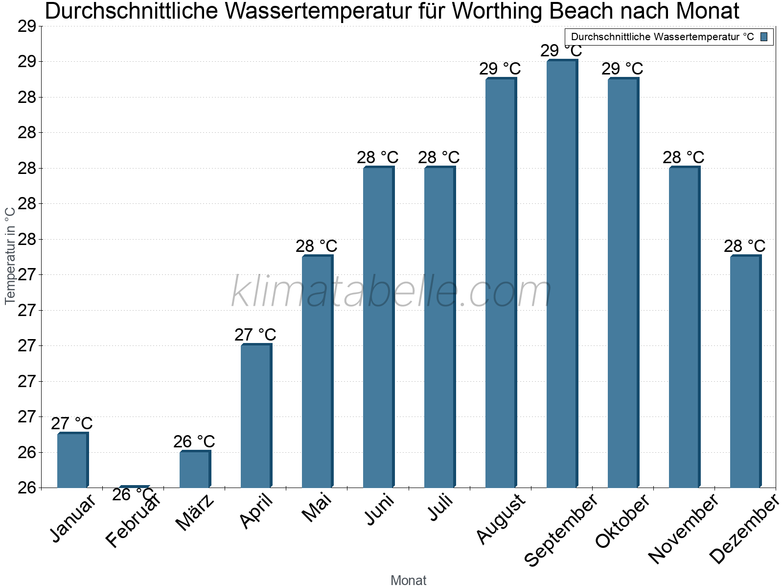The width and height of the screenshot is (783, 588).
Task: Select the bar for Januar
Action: (x=72, y=460)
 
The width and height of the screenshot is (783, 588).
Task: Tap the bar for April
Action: (x=256, y=416)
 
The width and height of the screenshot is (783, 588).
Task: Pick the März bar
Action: (x=195, y=469)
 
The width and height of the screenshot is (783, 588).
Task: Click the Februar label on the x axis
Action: (x=133, y=521)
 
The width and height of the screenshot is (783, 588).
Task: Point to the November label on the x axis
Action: (x=683, y=528)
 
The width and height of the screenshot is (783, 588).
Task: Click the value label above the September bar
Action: (x=561, y=50)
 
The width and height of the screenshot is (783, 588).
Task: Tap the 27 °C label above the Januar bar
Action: (x=71, y=423)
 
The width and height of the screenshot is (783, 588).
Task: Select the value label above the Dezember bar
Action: (x=745, y=246)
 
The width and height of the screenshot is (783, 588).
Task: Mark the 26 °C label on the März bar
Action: (x=194, y=441)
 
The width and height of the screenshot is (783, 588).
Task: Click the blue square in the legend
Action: (x=764, y=36)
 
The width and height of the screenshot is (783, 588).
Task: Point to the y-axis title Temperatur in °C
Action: (x=10, y=255)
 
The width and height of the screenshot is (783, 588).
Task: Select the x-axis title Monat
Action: (x=409, y=581)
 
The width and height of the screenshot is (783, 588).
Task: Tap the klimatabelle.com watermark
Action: (x=391, y=292)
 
